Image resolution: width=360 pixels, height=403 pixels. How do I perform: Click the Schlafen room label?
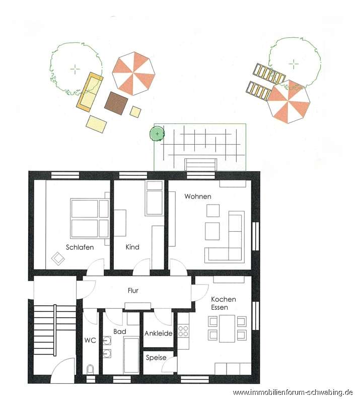point(80,247)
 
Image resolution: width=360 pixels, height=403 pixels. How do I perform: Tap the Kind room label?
point(132,247)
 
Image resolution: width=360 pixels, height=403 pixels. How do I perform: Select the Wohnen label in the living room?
point(198,196)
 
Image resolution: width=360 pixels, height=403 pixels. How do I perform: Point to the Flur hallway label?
point(133,291)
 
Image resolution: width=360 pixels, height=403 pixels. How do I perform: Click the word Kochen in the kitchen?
point(223,299)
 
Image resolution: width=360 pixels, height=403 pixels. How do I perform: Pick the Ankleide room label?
point(158,333)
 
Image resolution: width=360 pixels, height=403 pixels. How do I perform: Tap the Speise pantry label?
point(156,358)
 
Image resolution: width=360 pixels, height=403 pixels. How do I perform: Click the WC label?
point(90,341)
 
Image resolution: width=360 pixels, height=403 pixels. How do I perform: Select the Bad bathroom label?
point(120,331)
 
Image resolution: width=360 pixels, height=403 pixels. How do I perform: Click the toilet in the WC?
point(90,369)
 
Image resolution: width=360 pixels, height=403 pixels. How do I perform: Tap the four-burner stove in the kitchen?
point(183,331)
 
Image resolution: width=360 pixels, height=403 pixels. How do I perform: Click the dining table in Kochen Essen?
point(227,329)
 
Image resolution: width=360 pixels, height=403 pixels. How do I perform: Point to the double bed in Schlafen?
point(90,218)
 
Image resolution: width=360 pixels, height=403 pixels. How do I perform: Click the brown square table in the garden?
point(116,103)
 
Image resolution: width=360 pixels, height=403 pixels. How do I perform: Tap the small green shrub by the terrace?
point(157,134)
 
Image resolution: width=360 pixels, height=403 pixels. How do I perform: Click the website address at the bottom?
point(293,392)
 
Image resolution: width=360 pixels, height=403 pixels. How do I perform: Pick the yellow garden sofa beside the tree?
point(90,92)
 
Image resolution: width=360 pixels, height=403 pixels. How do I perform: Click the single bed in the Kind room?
point(154,198)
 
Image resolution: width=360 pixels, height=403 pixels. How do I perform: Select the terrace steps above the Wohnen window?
point(200,165)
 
